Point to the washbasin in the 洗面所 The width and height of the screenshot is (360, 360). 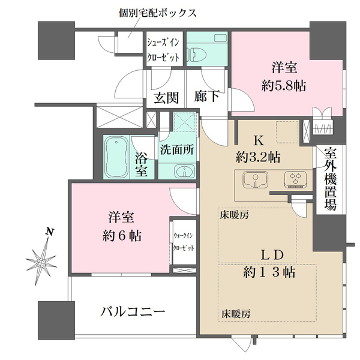[x=184, y=171]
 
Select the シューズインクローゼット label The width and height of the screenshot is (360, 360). [x=164, y=50]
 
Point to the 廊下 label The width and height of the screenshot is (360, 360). [x=207, y=97]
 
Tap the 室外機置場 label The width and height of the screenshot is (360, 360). [x=330, y=179]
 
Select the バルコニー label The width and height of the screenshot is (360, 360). [x=132, y=313]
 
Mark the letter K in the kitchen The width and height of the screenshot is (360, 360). [x=259, y=142]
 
